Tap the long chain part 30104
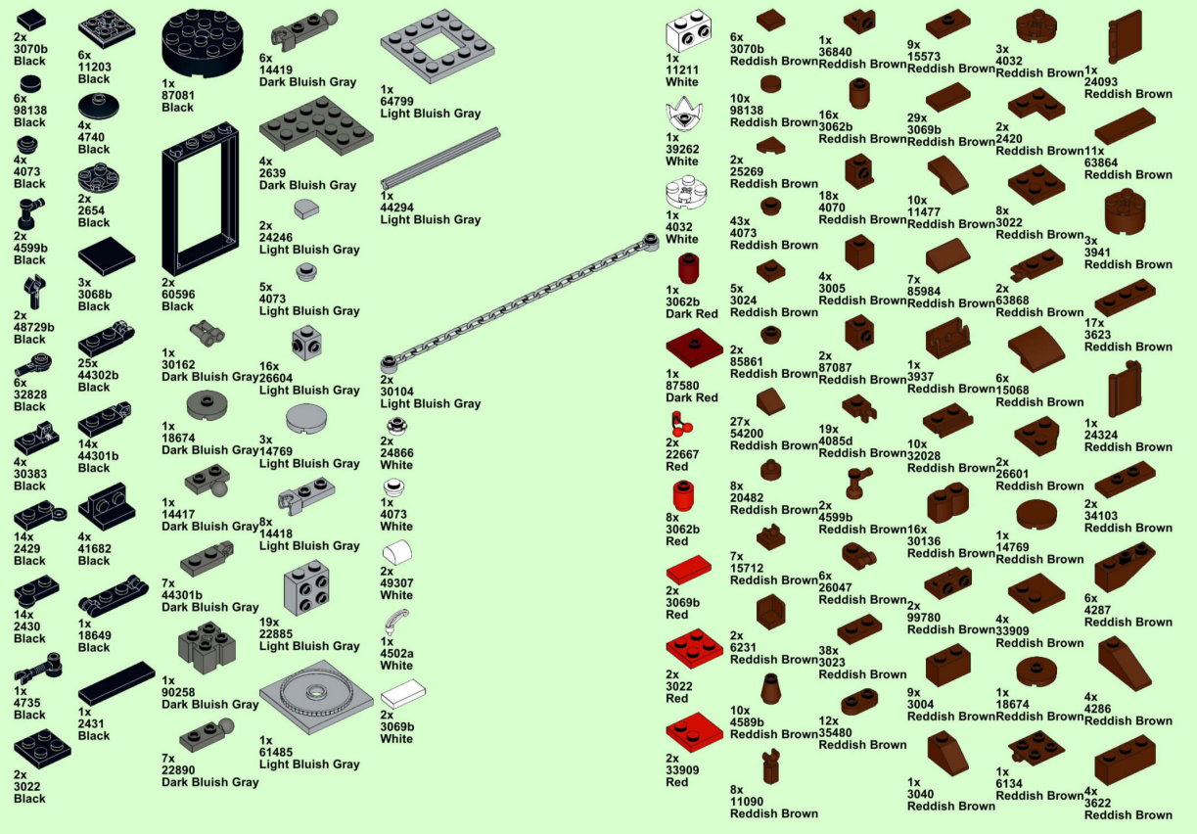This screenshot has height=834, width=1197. [x=519, y=297]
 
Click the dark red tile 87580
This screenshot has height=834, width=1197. [x=693, y=347]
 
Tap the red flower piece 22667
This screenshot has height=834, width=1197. [x=678, y=426]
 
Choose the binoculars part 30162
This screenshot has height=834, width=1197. [x=207, y=331]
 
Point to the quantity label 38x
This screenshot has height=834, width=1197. [x=829, y=651]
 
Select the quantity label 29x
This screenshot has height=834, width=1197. [x=917, y=117]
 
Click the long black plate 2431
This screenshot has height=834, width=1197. [x=116, y=682]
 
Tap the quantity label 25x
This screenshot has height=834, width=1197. [x=88, y=364]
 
